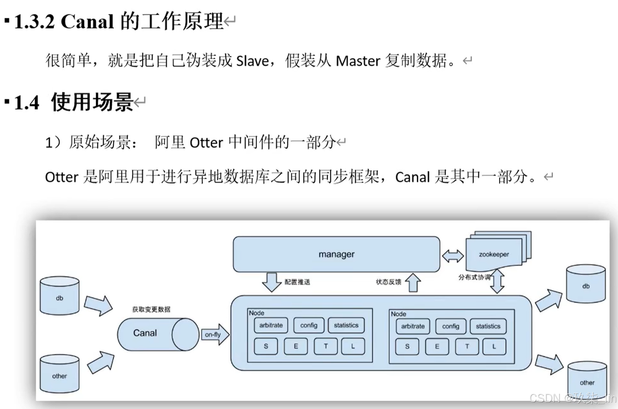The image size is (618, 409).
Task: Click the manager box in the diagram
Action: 336,254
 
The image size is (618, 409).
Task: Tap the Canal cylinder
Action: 158,334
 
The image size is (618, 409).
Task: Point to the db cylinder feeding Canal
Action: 59,296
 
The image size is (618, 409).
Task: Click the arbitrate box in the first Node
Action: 271,325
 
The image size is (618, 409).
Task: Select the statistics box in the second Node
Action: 488,326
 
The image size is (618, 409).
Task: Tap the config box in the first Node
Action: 309,325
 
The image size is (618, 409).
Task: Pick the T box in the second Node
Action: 467,346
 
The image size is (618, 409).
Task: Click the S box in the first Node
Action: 266,346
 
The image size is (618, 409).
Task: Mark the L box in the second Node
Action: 494,346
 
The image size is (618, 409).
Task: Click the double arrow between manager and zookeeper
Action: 453,256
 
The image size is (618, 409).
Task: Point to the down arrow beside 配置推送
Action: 271,282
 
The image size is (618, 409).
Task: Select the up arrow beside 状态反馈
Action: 413,282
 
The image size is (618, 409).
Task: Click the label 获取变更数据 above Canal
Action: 151,309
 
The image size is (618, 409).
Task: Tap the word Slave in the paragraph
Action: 252,61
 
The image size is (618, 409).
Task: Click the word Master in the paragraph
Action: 358,61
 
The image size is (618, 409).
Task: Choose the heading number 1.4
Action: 26,103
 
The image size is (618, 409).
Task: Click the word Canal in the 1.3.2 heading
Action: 87,22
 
